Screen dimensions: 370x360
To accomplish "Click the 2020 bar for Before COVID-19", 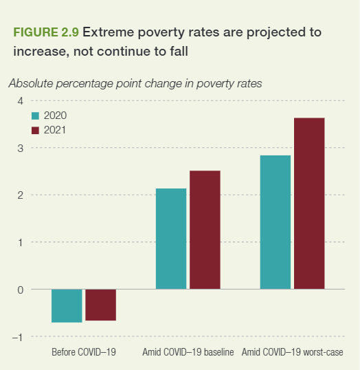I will [x=67, y=305].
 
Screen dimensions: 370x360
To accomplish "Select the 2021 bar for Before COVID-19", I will [x=100, y=305].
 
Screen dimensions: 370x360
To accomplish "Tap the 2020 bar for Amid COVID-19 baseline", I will [x=171, y=239].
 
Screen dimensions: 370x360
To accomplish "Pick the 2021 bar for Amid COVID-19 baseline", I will [x=205, y=230].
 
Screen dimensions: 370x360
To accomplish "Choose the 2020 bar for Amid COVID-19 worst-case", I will [x=275, y=222].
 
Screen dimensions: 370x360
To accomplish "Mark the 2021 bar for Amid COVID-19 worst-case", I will [x=309, y=204].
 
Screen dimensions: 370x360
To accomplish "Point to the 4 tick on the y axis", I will [x=20, y=101].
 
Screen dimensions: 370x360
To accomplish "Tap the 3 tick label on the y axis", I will [x=20, y=148].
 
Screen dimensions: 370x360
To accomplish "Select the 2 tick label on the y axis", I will [x=20, y=195].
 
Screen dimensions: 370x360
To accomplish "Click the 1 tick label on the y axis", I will [x=20, y=242].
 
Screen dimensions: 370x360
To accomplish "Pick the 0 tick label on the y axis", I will [x=20, y=290].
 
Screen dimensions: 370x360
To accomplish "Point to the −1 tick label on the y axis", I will [x=17, y=336].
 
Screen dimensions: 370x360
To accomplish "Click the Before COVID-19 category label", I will [x=84, y=353].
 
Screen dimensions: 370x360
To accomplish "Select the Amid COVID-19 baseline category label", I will [x=188, y=353].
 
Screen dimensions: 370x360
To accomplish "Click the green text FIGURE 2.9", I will [x=45, y=32].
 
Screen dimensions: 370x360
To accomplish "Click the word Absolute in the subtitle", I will [x=32, y=84].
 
